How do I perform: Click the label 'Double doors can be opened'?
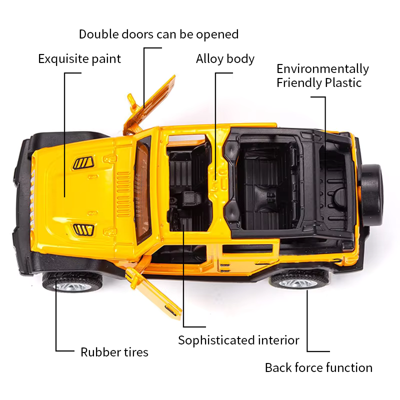pos(158,34)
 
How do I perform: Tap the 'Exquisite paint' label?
pos(79,59)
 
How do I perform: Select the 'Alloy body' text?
pos(225,59)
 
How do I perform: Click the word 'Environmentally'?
pos(322,68)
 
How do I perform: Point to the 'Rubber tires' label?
pos(114,352)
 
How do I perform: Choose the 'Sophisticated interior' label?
pos(238,340)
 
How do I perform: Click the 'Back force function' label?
pos(318,368)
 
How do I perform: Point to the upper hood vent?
pos(83,162)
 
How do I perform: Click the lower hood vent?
pos(83,229)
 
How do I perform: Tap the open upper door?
pos(150,105)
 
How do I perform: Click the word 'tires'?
pos(134,352)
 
